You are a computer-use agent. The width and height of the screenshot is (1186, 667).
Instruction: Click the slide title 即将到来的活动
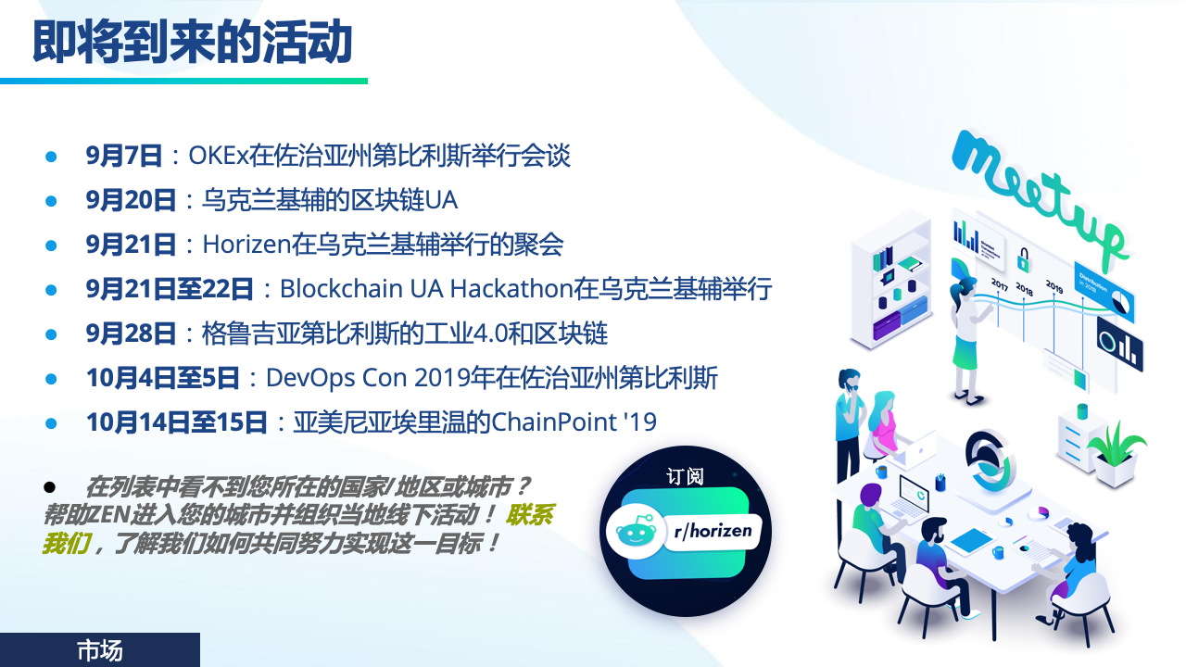click(192, 42)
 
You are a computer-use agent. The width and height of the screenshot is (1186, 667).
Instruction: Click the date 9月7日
click(124, 156)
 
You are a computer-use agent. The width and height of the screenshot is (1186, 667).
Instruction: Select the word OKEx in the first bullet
click(218, 156)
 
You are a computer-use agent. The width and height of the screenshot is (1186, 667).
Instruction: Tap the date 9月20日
click(131, 200)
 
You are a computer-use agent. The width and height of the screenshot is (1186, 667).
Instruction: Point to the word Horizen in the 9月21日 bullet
click(246, 245)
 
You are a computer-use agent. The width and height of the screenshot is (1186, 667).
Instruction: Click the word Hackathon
click(512, 289)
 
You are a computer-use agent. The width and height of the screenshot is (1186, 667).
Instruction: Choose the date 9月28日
click(131, 333)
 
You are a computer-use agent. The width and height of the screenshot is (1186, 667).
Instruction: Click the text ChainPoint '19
click(574, 422)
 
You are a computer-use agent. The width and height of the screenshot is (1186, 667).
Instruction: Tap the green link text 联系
click(529, 514)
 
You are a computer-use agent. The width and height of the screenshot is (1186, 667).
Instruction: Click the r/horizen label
click(713, 531)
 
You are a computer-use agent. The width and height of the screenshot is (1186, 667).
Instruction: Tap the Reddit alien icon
click(636, 531)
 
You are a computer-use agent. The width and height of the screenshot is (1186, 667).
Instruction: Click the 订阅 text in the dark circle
click(685, 476)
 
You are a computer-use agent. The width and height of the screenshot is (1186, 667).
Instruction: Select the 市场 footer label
click(99, 650)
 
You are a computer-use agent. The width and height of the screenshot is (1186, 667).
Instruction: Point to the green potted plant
click(1117, 454)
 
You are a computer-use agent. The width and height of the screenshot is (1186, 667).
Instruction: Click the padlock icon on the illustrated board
click(1023, 260)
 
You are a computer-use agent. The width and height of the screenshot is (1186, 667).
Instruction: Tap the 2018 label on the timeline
click(1024, 289)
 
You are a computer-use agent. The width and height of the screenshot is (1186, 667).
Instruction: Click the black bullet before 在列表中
click(49, 486)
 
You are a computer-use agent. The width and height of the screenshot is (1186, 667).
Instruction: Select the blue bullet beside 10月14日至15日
click(51, 423)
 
